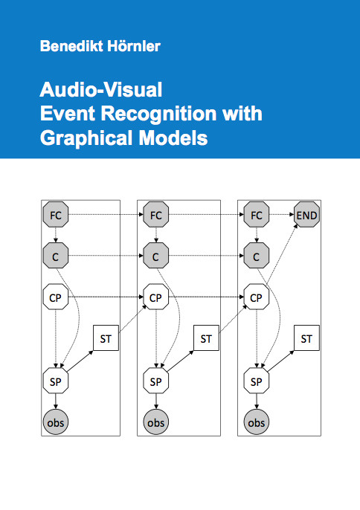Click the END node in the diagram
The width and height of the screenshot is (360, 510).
coord(306,215)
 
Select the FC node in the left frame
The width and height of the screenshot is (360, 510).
coord(56,215)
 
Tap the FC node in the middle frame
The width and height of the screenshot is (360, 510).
coord(156,215)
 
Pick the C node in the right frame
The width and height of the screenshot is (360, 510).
coord(257,256)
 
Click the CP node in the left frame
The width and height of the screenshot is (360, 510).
coord(56,297)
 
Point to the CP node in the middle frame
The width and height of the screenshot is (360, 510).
coord(156,297)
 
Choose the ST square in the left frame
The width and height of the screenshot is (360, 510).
coord(106,338)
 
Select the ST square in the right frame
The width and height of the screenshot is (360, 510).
coord(306,338)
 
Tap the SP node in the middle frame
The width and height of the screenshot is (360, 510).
coord(156,381)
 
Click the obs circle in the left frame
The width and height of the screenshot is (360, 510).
coord(56,422)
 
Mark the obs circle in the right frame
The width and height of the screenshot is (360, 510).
coord(257,422)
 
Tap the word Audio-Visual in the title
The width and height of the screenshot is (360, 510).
coord(101,89)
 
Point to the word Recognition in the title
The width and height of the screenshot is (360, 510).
coord(158,114)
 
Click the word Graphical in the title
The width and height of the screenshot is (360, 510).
coord(86,138)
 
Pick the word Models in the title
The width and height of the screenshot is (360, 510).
coord(173,138)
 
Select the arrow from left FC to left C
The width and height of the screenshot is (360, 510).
coord(56,235)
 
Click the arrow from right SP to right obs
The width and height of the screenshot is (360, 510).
coord(257,401)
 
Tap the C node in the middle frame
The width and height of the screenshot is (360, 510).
coord(156,256)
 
